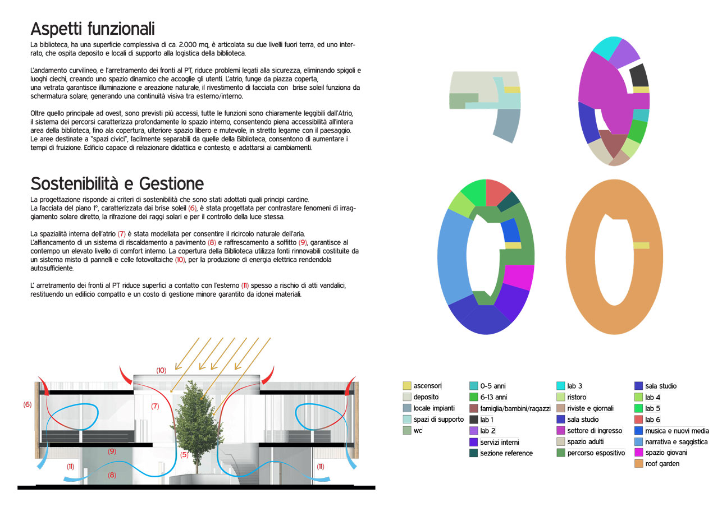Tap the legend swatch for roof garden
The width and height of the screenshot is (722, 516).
coord(638,464)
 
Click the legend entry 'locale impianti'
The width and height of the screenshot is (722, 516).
coord(434,408)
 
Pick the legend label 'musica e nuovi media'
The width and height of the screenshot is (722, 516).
coord(677,431)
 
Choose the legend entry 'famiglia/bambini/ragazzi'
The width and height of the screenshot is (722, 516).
coord(515,408)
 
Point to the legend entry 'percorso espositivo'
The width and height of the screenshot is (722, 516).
coord(596,453)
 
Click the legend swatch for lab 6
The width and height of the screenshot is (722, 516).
coord(638,420)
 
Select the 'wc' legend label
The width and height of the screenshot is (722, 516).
coord(418,431)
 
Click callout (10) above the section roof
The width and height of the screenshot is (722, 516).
coord(161,370)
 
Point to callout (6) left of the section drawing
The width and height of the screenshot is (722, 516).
coord(28,404)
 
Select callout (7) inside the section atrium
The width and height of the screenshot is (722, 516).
coord(155,406)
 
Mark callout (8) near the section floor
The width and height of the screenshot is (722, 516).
coord(112,475)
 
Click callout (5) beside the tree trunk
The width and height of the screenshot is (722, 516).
coord(184,455)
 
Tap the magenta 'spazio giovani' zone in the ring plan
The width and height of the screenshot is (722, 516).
coord(518,277)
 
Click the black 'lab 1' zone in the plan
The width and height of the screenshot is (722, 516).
coord(638,76)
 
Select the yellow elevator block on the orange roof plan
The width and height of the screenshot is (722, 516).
coord(641,246)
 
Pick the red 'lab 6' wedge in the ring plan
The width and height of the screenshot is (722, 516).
coord(497,192)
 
